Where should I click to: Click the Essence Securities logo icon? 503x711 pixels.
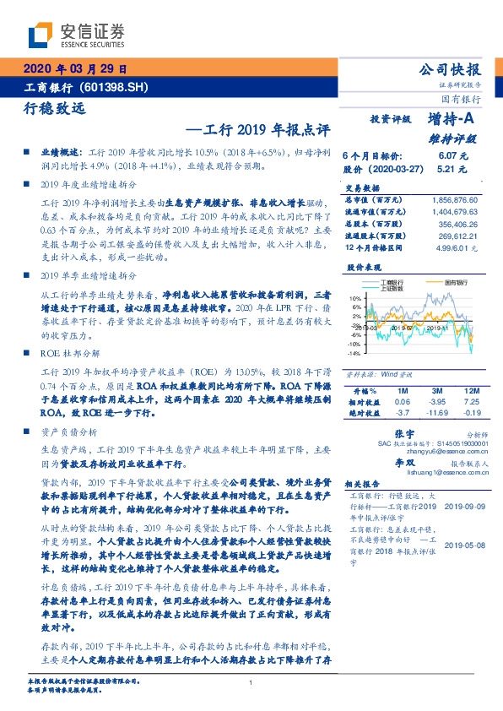pyautogui.click(x=41, y=34)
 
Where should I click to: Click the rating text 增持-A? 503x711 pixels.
pyautogui.click(x=453, y=121)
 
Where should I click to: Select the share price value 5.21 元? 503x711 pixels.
pyautogui.click(x=452, y=169)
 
